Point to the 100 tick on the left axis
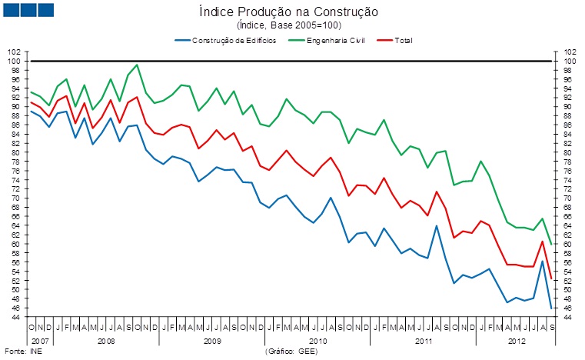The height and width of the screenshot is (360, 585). tap(15, 61)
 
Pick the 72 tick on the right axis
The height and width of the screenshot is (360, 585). tap(570, 189)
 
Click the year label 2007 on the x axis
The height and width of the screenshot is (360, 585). tap(40, 339)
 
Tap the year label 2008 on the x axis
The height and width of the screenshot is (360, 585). tap(106, 339)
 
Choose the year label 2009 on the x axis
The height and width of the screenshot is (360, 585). tap(211, 339)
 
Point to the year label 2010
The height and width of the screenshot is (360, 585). tap(317, 339)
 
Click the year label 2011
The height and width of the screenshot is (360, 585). tap(422, 339)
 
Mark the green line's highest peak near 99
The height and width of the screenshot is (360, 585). tap(137, 65)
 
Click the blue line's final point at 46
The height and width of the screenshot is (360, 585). tap(551, 308)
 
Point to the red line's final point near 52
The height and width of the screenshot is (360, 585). tap(551, 278)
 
